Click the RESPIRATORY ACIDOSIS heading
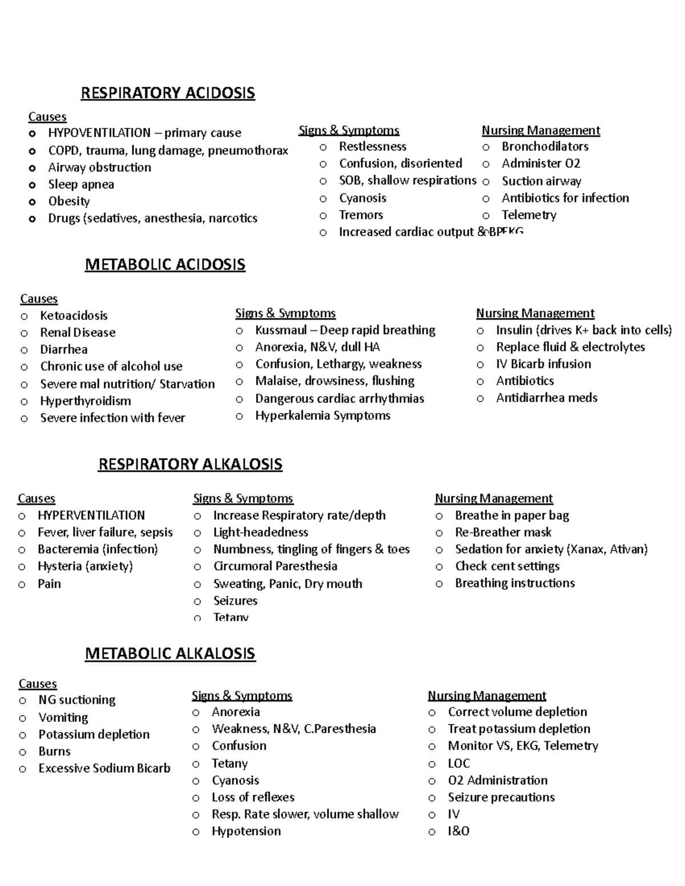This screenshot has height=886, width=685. pyautogui.click(x=168, y=93)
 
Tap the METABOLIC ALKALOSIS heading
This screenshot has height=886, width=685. pyautogui.click(x=170, y=653)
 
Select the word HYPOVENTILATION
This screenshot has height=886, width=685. pyautogui.click(x=99, y=133)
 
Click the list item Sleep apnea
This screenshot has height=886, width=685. pyautogui.click(x=80, y=184)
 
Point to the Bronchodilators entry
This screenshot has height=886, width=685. pyautogui.click(x=545, y=147)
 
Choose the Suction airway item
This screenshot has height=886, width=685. pyautogui.click(x=541, y=181)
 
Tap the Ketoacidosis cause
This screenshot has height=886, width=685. pyautogui.click(x=74, y=315)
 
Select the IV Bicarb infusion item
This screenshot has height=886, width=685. pyautogui.click(x=543, y=364)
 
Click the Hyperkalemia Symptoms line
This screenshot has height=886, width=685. pyautogui.click(x=323, y=415)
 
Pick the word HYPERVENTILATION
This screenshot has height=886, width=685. pyautogui.click(x=91, y=515)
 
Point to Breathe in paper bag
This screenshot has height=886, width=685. pyautogui.click(x=511, y=515)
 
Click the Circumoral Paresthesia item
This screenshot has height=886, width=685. pyautogui.click(x=275, y=567)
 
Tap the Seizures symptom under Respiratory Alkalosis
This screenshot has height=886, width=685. pyautogui.click(x=235, y=601)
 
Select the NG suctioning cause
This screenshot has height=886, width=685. pyautogui.click(x=76, y=700)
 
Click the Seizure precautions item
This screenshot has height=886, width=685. pyautogui.click(x=501, y=797)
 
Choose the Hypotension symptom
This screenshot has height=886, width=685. pyautogui.click(x=246, y=831)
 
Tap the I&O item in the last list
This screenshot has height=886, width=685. pyautogui.click(x=458, y=831)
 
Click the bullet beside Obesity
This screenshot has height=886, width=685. pyautogui.click(x=32, y=202)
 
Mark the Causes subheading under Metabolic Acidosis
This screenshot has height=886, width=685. pyautogui.click(x=39, y=298)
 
